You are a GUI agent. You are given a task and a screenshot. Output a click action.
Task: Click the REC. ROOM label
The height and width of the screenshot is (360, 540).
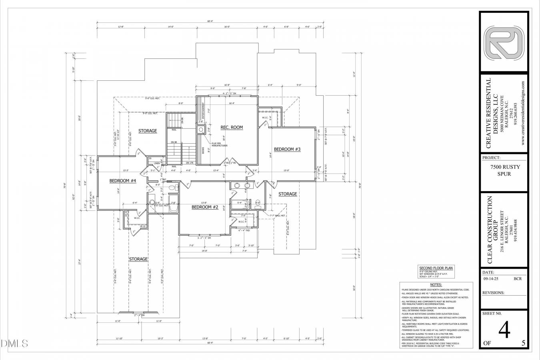click(x=232, y=127)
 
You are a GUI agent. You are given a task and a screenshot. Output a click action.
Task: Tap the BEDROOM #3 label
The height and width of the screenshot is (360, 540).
click(x=287, y=149)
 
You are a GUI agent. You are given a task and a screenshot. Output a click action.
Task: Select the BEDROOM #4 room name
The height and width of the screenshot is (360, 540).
click(x=123, y=181)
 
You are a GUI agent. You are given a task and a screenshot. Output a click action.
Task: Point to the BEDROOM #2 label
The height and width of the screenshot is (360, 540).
click(x=204, y=207)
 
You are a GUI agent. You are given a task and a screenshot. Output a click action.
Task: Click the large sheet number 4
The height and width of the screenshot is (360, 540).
click(x=504, y=331)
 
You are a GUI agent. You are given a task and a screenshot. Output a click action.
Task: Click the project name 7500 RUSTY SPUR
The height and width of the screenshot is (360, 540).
click(x=505, y=170)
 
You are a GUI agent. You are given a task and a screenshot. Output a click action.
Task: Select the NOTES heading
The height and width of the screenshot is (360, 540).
click(x=436, y=284)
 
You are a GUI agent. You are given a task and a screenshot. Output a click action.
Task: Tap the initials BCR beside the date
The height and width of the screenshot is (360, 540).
click(x=518, y=279)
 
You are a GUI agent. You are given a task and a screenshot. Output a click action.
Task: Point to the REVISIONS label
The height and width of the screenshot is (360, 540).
click(x=494, y=292)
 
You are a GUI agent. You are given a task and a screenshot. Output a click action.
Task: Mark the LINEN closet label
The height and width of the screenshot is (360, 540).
click(x=157, y=163)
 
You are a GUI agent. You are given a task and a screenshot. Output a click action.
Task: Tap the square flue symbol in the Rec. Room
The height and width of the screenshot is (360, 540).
click(x=201, y=129)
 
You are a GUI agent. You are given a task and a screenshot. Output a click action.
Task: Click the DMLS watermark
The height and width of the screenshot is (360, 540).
click(x=14, y=343)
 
